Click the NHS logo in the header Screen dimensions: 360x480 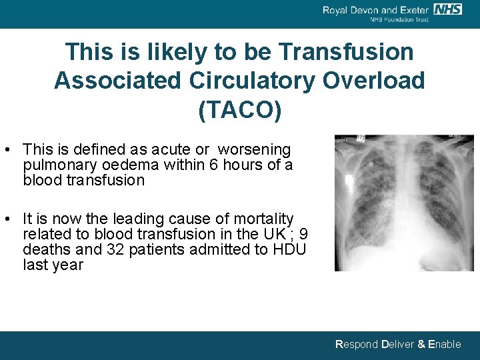[447, 9]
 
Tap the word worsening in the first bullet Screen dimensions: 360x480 [255, 149]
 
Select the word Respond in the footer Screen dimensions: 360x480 [356, 344]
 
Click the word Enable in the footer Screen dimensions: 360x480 [444, 344]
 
